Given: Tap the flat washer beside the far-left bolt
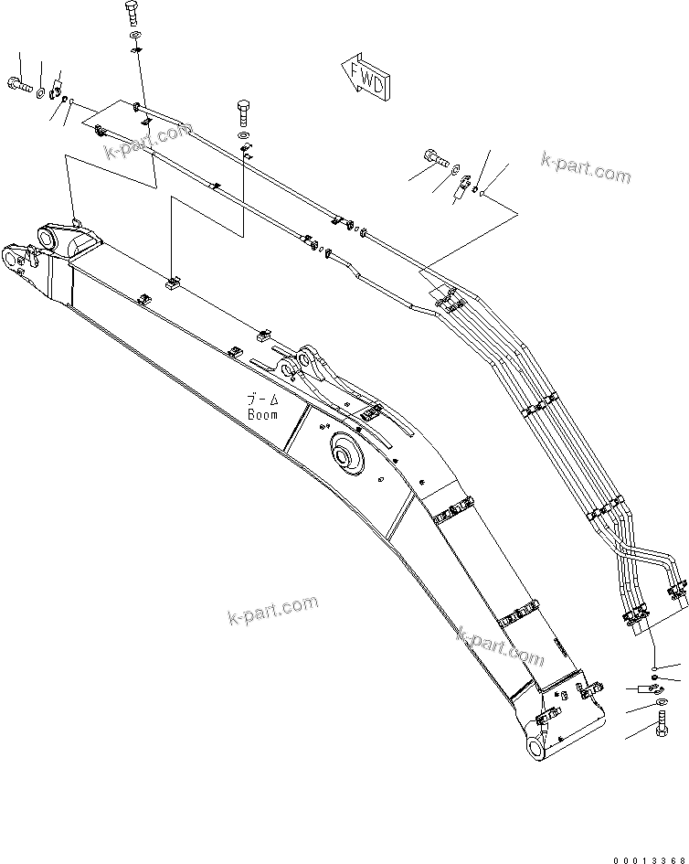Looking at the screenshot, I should point(41,90).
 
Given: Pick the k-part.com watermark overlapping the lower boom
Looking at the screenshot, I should point(501,645).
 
